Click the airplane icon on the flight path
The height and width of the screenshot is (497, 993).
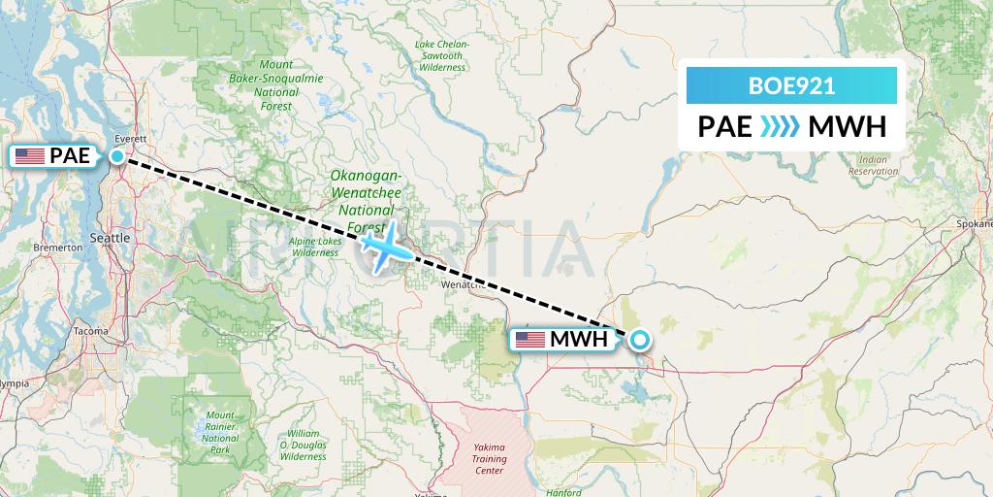[x=385, y=246]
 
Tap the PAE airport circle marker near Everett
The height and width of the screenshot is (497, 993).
[x=117, y=155]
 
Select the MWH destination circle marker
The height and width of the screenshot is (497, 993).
[x=640, y=339]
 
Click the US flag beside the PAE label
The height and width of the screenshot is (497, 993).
[x=30, y=155]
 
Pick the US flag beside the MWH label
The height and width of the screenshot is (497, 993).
[x=530, y=340]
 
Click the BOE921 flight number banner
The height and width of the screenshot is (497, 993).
[x=791, y=85]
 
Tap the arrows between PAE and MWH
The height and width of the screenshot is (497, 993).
[x=780, y=127]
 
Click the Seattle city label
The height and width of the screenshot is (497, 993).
[x=109, y=238]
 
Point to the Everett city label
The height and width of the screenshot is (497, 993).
[x=129, y=139]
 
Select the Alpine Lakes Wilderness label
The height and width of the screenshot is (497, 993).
[x=314, y=247]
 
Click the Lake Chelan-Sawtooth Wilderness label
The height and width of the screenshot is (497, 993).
[x=442, y=57]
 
